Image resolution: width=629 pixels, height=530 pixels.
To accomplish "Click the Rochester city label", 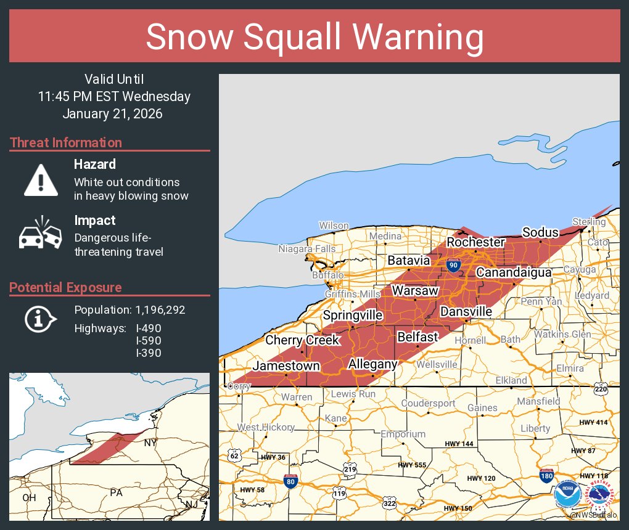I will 475,242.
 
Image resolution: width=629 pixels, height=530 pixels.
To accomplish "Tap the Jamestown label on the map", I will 286,366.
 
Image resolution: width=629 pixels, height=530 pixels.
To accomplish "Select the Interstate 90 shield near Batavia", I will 453,266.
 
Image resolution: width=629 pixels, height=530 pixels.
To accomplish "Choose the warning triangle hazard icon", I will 41,180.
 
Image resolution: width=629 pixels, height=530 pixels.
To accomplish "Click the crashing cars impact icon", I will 41,235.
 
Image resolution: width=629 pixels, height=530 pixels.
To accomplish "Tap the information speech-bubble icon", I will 41,318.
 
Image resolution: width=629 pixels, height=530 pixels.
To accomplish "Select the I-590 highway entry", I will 149,341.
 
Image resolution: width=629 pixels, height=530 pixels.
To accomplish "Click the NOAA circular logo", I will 567,495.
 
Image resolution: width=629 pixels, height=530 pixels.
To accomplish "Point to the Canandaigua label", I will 513,272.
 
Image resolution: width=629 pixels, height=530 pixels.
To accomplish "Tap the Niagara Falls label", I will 307,250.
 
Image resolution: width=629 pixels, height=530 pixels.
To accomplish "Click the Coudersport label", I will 428,404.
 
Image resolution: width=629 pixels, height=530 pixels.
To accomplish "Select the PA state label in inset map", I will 116,492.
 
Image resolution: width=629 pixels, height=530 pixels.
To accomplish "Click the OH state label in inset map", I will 29,497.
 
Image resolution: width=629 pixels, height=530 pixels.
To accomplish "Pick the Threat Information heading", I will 65,142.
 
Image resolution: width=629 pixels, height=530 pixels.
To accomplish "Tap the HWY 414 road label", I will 593,422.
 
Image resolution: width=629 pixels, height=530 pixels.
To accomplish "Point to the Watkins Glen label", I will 562,335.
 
